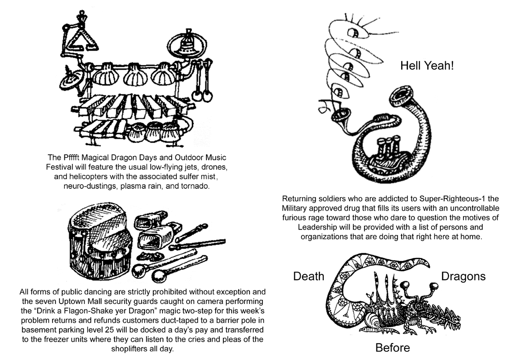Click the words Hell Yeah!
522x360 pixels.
tap(427, 66)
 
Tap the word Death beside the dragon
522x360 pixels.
tap(308, 276)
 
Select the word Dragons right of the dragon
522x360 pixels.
tap(463, 276)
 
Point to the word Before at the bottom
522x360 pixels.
tap(392, 348)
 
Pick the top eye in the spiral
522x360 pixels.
tap(352, 32)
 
